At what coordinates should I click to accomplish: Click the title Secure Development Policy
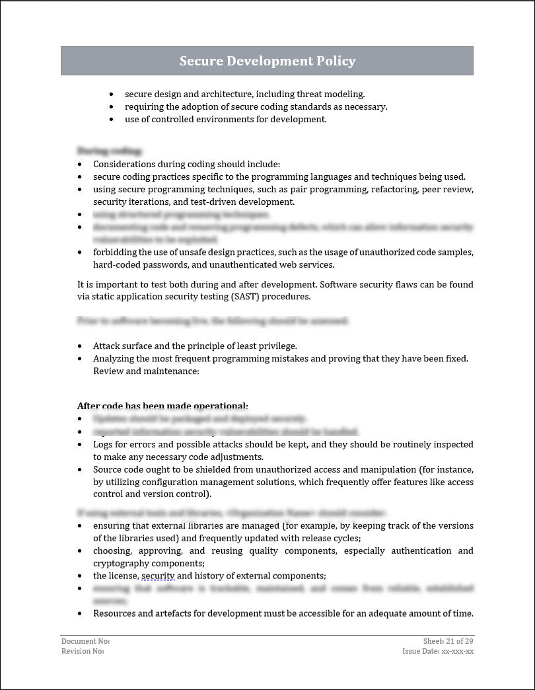pos(267,61)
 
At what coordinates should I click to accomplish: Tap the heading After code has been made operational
pos(162,406)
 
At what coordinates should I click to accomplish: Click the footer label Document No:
pos(85,641)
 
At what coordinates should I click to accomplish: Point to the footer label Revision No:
pos(83,651)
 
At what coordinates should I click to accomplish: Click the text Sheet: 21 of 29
pos(448,641)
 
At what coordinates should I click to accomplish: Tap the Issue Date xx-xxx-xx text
pos(438,651)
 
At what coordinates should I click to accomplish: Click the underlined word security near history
pos(158,576)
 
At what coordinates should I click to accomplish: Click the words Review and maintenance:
pos(146,371)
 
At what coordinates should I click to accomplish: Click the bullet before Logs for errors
pos(81,445)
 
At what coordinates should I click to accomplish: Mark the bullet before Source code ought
pos(81,470)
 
